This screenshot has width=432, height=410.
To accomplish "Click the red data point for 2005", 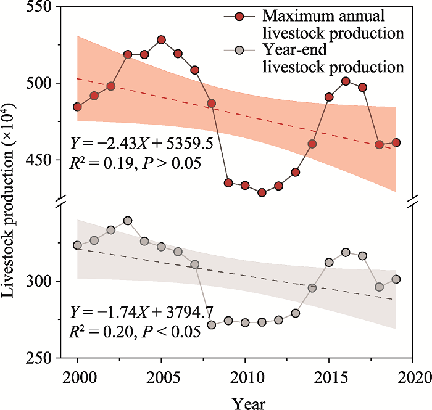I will click(161, 40).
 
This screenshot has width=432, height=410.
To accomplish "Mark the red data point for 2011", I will click(262, 192).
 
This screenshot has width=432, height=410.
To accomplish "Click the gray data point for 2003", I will click(128, 220).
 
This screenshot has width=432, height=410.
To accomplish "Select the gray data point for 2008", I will click(212, 325).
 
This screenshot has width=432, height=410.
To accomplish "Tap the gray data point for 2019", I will click(396, 279).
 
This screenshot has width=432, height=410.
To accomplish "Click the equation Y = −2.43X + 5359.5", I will click(142, 144).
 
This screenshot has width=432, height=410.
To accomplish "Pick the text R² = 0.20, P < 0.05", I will click(134, 331).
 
